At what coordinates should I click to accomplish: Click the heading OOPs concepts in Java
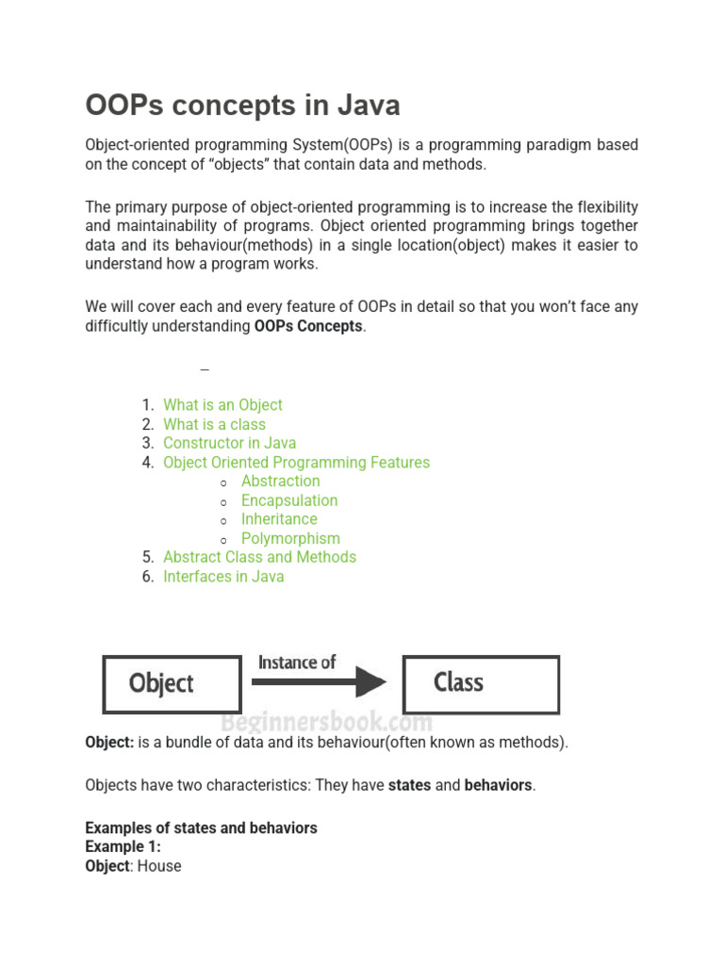pyautogui.click(x=242, y=105)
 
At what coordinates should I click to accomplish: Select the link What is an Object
pyautogui.click(x=222, y=405)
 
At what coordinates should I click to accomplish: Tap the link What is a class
pyautogui.click(x=214, y=424)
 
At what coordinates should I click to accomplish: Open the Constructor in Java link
pyautogui.click(x=229, y=443)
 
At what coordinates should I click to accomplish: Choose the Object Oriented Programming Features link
pyautogui.click(x=296, y=463)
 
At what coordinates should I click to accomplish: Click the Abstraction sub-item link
pyautogui.click(x=280, y=482)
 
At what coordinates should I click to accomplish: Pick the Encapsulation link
pyautogui.click(x=288, y=500)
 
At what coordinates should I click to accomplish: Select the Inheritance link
pyautogui.click(x=279, y=519)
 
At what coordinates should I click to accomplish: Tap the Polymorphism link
pyautogui.click(x=290, y=538)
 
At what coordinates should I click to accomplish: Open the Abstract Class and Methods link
pyautogui.click(x=259, y=557)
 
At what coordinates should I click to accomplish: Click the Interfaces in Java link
pyautogui.click(x=223, y=577)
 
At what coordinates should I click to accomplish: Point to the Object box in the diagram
pyautogui.click(x=171, y=683)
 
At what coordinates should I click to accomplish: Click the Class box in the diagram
pyautogui.click(x=481, y=683)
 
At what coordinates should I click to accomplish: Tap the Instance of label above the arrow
pyautogui.click(x=297, y=662)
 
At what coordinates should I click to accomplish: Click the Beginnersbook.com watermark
pyautogui.click(x=326, y=723)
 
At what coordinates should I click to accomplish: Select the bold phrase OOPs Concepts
pyautogui.click(x=308, y=326)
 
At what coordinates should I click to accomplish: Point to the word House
pyautogui.click(x=159, y=865)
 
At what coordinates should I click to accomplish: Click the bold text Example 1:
pyautogui.click(x=123, y=846)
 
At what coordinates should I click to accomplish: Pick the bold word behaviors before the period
pyautogui.click(x=498, y=785)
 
